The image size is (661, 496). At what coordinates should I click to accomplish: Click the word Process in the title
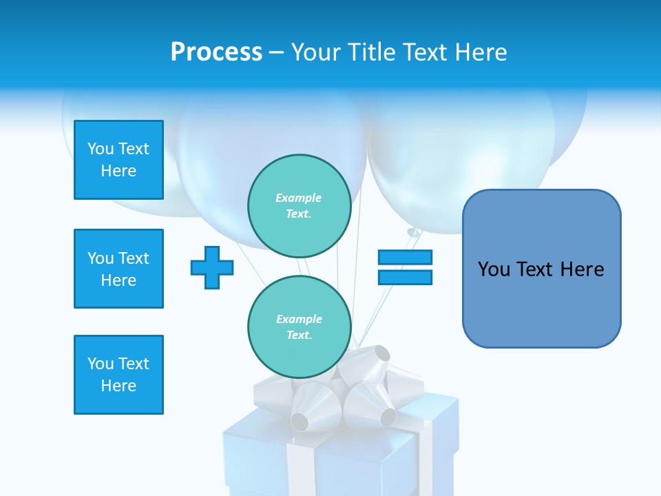[216, 52]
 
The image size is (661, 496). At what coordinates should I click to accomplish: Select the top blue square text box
[118, 160]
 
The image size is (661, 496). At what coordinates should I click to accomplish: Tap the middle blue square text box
[118, 269]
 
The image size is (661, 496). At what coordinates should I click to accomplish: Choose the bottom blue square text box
[118, 375]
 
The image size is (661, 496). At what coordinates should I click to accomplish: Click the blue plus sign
[212, 267]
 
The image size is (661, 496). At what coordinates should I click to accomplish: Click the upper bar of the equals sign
[405, 258]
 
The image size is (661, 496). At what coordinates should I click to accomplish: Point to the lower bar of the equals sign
[405, 277]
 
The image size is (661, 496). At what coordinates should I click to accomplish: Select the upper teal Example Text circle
[299, 205]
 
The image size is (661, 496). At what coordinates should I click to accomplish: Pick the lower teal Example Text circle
[299, 327]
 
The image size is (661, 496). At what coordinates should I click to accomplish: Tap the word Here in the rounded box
[582, 269]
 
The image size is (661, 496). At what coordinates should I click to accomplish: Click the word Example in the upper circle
[299, 198]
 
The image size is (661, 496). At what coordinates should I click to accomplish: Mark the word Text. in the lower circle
[299, 335]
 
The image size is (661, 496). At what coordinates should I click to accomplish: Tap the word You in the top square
[101, 149]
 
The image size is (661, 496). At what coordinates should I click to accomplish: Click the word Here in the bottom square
[118, 386]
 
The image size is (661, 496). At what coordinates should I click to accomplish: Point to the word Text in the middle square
[134, 258]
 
